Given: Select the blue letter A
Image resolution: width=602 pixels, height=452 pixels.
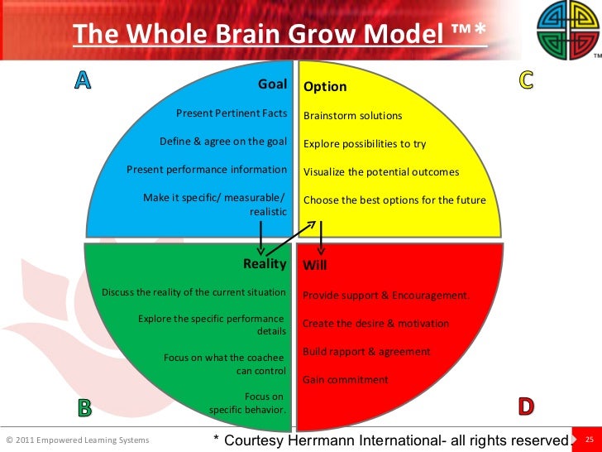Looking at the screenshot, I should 83,79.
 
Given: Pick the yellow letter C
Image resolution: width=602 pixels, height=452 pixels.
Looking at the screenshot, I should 526,79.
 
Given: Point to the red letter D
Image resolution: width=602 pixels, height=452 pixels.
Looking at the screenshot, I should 526,406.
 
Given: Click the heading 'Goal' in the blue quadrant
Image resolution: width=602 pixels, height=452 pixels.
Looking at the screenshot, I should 272,84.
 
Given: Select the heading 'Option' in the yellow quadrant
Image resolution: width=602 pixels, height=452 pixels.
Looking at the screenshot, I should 325,87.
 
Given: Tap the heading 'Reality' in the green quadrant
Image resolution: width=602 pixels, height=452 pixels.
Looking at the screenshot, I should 265,264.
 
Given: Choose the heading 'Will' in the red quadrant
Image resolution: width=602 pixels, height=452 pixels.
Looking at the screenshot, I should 315,266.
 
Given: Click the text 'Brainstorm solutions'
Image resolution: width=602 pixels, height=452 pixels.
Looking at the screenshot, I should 353,116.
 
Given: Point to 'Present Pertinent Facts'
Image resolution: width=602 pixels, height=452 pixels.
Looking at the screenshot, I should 232,113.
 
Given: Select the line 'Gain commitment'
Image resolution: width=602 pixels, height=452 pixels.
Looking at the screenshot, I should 345,380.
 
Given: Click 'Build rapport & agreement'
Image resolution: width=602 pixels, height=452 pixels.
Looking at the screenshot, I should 366,352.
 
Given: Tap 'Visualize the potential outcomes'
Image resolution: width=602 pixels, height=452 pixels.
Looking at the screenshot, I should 381,172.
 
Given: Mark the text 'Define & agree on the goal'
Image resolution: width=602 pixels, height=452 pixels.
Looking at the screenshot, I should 223,142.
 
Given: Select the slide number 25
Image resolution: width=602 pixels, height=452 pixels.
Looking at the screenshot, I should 590,440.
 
